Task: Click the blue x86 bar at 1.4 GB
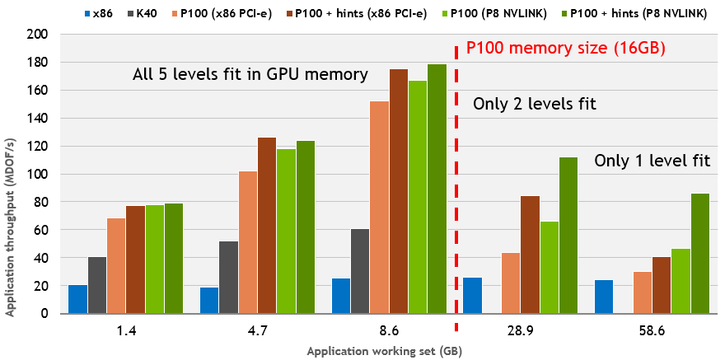tap(78, 299)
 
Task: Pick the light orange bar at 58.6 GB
tap(643, 292)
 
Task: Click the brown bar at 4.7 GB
tap(267, 225)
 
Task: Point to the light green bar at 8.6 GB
tap(417, 197)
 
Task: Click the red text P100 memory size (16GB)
tap(565, 49)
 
